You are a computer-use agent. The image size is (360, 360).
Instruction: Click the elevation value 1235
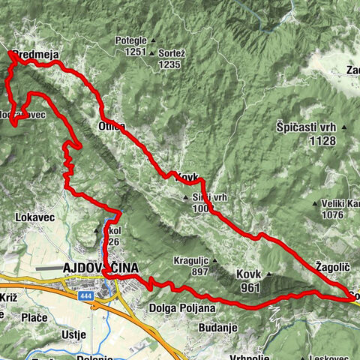[170, 65]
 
